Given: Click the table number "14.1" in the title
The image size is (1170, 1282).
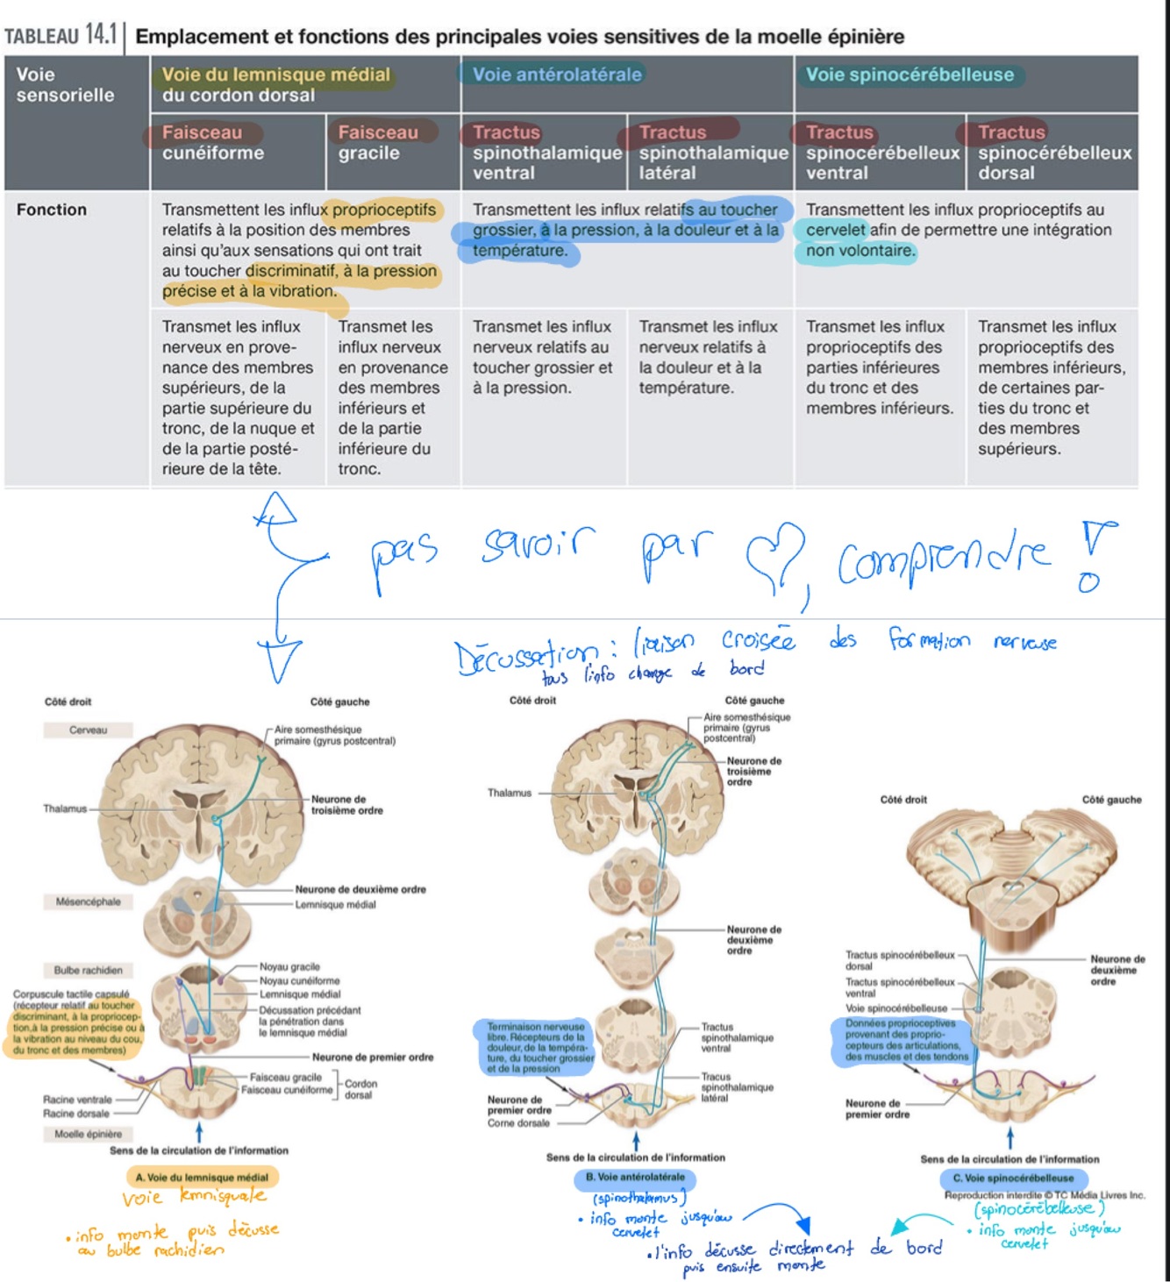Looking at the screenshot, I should (x=101, y=35).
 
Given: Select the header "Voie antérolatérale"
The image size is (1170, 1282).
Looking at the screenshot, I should (x=557, y=75).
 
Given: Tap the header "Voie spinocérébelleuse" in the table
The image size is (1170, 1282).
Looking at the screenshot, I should (x=910, y=75).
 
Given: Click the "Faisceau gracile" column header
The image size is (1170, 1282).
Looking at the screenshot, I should (x=378, y=143).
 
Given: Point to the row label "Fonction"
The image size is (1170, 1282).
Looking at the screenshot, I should (x=52, y=210).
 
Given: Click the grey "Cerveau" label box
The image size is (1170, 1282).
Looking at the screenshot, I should (x=88, y=730).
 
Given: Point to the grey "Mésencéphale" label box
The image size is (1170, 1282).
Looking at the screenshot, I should (x=88, y=901).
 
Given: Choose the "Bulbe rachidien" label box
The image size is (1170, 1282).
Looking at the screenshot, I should (x=88, y=970).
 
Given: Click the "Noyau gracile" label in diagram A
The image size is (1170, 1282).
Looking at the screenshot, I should (x=289, y=966).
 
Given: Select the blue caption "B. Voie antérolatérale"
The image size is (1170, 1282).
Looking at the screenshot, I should (x=635, y=1178).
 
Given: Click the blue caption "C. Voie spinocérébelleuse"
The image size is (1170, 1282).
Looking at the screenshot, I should (x=1012, y=1179).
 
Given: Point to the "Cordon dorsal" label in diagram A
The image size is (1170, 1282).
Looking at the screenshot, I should (x=360, y=1089).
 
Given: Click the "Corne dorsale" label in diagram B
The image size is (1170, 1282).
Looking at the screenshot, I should (x=518, y=1123).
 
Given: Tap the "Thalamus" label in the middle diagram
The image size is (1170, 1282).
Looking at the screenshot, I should (x=510, y=793).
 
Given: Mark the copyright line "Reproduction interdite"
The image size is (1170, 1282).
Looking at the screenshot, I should (x=1045, y=1195).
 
